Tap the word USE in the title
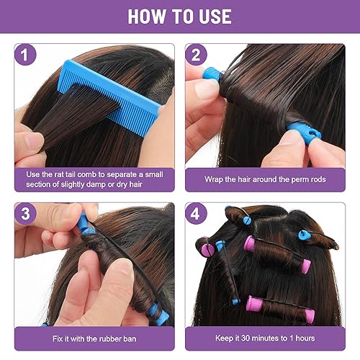pyautogui.click(x=212, y=16)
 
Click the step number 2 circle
pyautogui.click(x=197, y=56)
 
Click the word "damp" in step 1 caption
pyautogui.click(x=111, y=184)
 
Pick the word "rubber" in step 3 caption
pyautogui.click(x=115, y=337)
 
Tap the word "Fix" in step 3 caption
pyautogui.click(x=59, y=337)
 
